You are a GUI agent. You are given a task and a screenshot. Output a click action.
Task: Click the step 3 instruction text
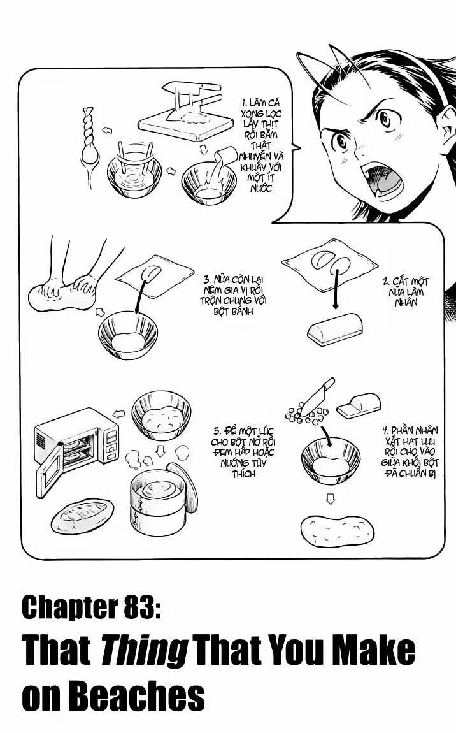pos(228,294)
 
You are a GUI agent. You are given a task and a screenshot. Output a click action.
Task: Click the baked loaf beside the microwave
pos(82,514)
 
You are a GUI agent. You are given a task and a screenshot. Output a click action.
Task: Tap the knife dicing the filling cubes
pos(317,396)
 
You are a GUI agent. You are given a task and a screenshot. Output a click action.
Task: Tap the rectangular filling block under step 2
pos(334,329)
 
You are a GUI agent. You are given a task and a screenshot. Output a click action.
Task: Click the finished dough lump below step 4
pos(337,528)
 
